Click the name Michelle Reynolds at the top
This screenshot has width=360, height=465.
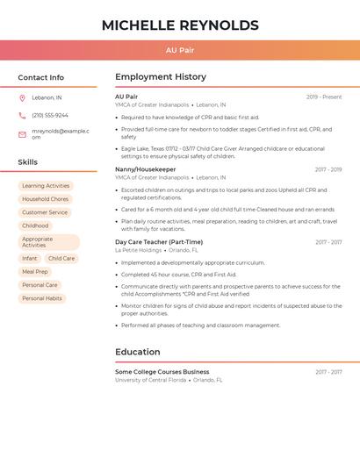(180, 25)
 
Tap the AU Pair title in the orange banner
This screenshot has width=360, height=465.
(180, 51)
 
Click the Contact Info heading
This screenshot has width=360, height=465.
(40, 77)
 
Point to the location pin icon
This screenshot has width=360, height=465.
(22, 97)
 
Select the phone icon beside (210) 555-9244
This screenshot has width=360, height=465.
(22, 115)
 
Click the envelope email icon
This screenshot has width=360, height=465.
(22, 134)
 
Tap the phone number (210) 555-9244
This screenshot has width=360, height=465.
(50, 115)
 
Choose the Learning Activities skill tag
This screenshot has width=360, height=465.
(46, 186)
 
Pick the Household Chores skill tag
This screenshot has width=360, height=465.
(45, 199)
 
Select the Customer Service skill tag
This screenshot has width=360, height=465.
(45, 212)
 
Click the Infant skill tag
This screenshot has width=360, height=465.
(30, 259)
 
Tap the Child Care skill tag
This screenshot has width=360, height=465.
(61, 259)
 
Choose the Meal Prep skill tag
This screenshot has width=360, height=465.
(35, 272)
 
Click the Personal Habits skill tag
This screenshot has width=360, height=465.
(42, 298)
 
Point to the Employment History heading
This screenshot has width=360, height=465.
(161, 77)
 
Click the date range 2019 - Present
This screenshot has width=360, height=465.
(324, 97)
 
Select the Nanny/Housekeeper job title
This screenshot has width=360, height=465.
(145, 169)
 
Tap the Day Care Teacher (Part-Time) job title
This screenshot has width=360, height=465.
(159, 242)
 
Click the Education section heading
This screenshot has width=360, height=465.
(137, 352)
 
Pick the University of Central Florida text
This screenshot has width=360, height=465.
(150, 380)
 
